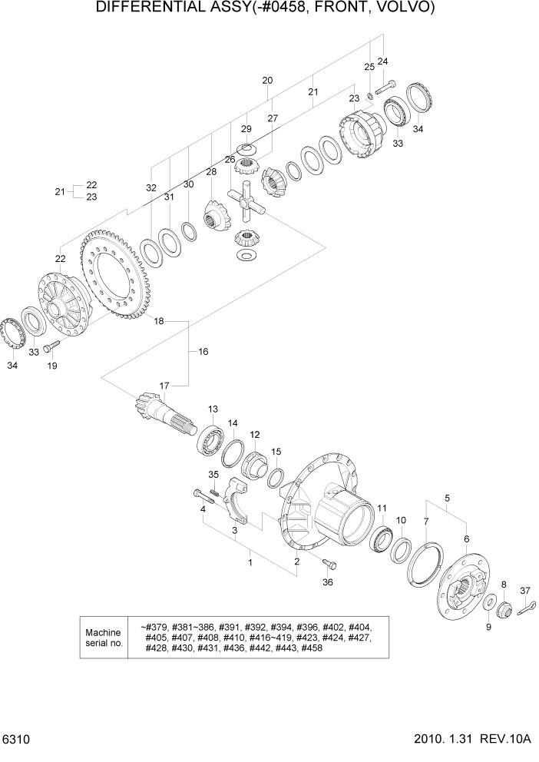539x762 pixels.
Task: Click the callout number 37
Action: (x=525, y=590)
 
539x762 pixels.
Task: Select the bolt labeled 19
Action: (x=50, y=348)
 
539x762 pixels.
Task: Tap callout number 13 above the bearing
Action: (x=213, y=409)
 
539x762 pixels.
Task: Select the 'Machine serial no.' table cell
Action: (x=104, y=637)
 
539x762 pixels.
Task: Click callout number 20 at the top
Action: (x=267, y=81)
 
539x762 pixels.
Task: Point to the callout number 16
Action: (x=203, y=352)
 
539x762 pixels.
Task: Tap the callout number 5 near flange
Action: (x=447, y=498)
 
